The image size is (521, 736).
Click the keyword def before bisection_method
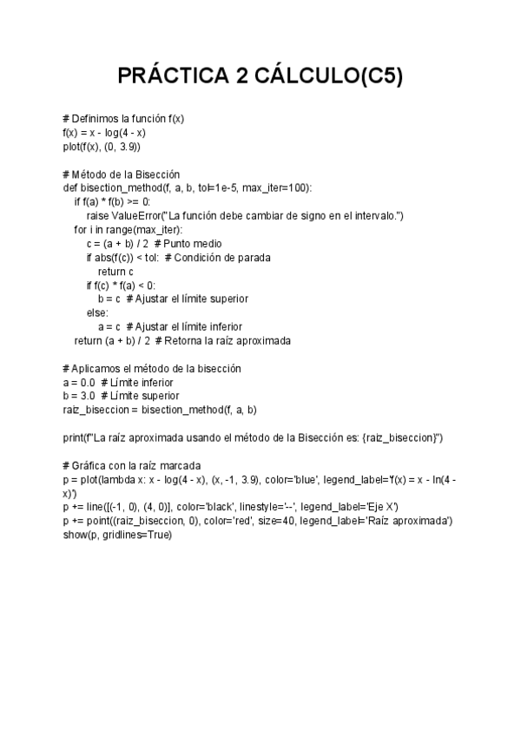(70, 187)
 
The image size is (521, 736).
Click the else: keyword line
(97, 312)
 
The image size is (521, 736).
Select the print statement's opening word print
(73, 437)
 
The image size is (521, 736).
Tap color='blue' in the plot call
(292, 478)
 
